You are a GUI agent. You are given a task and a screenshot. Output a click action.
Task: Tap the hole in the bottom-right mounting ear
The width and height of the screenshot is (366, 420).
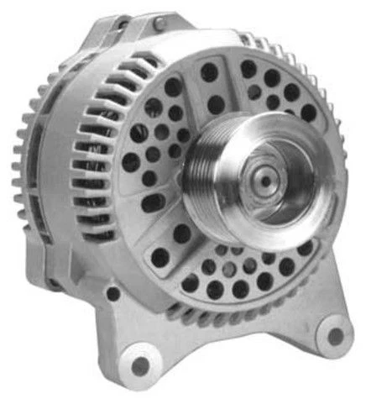click(x=335, y=335)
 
